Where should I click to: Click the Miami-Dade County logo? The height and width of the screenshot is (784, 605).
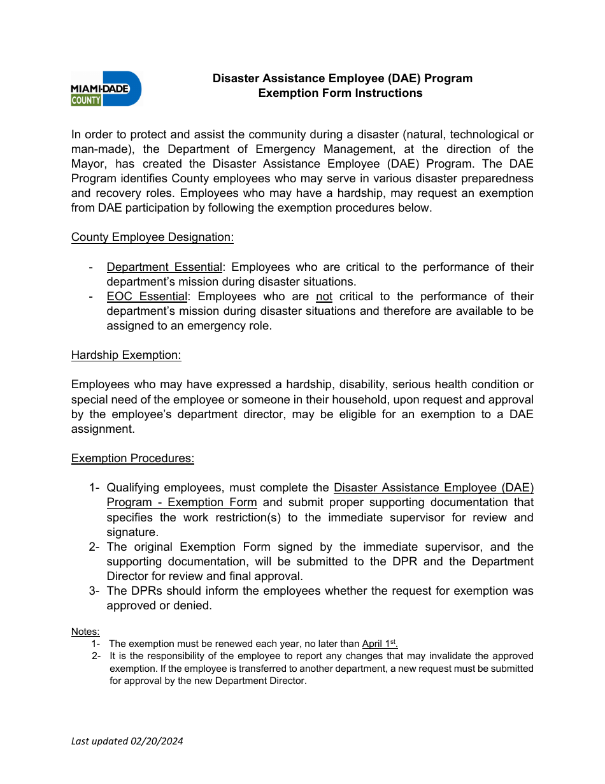(x=106, y=88)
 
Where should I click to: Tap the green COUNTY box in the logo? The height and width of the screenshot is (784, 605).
(x=86, y=99)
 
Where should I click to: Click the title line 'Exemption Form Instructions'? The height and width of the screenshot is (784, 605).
(x=340, y=93)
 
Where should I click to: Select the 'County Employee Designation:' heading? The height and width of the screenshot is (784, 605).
(x=152, y=237)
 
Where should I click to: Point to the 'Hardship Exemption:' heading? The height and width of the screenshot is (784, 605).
(x=126, y=355)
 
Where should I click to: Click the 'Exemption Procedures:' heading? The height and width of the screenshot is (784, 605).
(x=132, y=458)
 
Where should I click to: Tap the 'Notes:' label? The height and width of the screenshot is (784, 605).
(x=85, y=632)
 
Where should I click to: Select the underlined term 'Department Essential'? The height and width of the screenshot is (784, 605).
(x=164, y=267)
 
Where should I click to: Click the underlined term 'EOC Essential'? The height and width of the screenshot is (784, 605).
(x=147, y=296)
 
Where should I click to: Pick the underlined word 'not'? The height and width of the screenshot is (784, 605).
(x=324, y=296)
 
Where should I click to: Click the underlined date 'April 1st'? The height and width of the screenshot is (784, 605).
(x=380, y=644)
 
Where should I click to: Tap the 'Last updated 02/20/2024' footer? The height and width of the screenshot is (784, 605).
(x=127, y=741)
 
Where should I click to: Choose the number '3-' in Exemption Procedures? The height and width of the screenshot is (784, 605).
(x=94, y=591)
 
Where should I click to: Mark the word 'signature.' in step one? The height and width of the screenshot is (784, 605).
(x=132, y=532)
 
